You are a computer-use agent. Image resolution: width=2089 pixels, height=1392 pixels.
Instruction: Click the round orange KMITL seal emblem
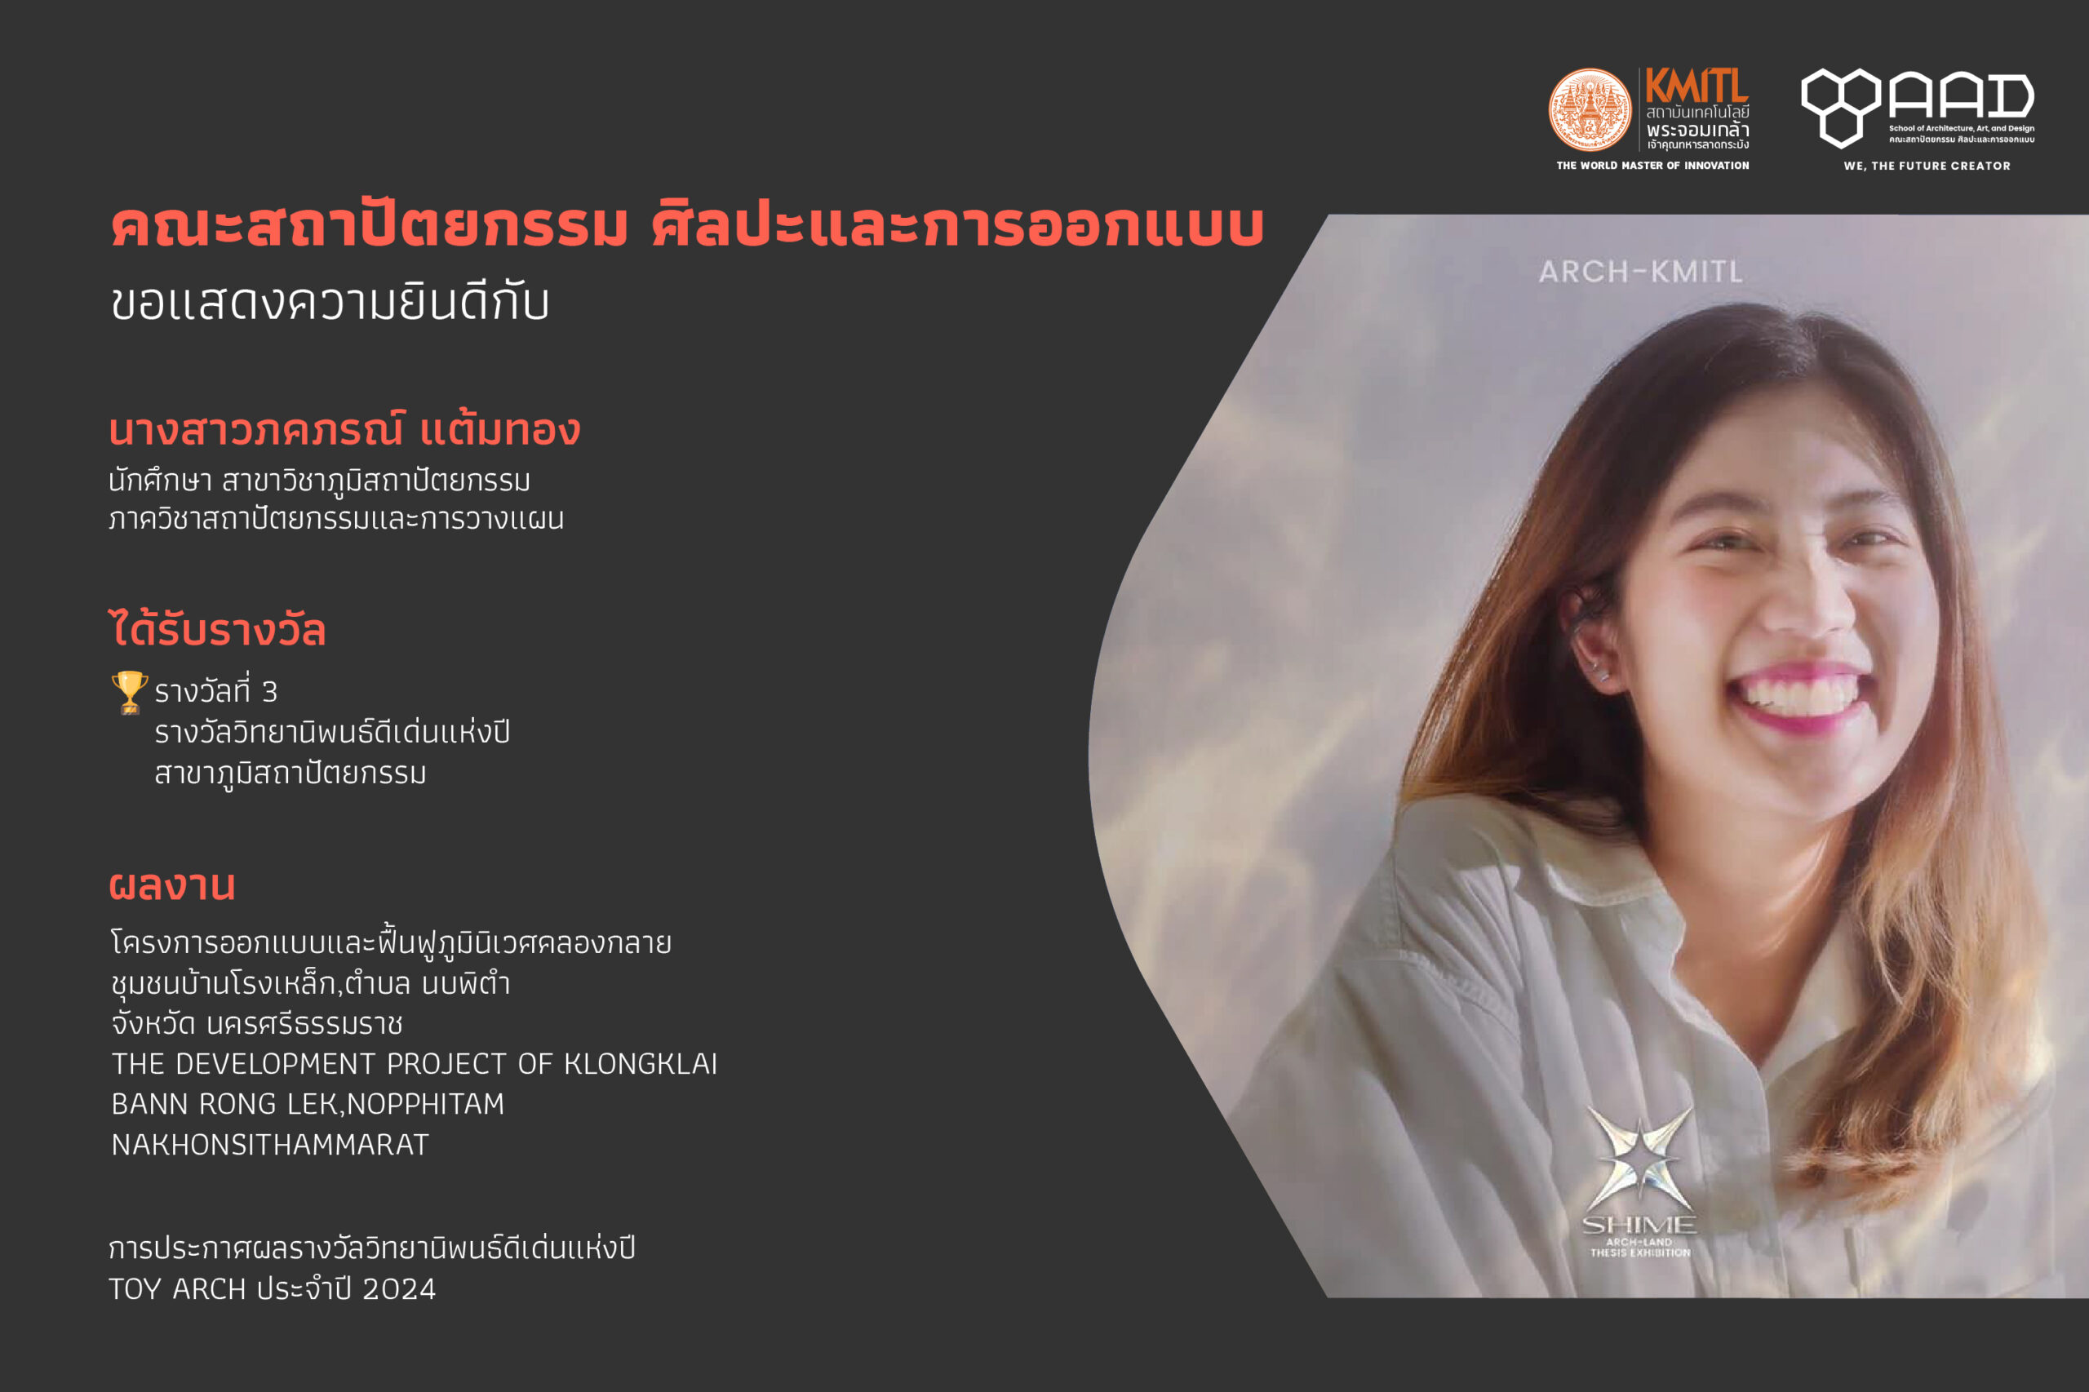[1590, 110]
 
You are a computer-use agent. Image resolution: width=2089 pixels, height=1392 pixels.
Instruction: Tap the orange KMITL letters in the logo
[1696, 86]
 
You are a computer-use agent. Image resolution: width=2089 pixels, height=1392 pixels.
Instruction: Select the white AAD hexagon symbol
[1840, 108]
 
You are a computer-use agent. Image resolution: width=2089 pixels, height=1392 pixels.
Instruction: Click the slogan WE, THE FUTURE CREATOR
[1927, 166]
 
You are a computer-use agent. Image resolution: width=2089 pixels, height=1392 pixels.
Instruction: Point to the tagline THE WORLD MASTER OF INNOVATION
[1652, 165]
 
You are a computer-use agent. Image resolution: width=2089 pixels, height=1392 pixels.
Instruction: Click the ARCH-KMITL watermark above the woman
[1641, 272]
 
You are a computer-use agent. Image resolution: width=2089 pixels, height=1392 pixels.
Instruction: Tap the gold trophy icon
[130, 693]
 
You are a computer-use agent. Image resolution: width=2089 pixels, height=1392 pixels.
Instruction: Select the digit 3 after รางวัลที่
[269, 692]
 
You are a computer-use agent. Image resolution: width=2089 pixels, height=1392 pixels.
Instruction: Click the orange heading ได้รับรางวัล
[218, 628]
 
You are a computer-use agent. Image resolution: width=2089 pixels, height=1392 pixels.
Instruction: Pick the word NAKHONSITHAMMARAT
[270, 1144]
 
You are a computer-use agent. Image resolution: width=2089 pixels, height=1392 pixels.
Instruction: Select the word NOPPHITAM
[425, 1104]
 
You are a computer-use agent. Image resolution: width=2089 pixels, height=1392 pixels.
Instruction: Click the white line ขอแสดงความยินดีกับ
[330, 302]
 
